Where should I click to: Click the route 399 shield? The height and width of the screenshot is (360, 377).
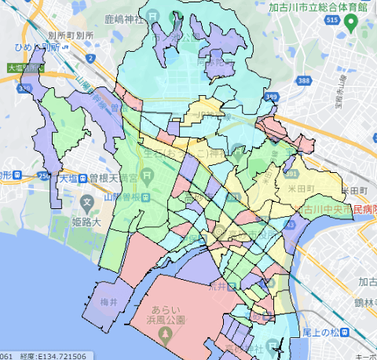pos(273,97)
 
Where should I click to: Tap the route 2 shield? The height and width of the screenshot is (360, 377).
pos(92,59)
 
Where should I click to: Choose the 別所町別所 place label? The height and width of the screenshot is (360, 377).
pos(71,35)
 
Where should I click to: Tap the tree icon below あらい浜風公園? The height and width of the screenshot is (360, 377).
pos(165,336)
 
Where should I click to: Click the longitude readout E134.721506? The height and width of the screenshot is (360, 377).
pos(60,356)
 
